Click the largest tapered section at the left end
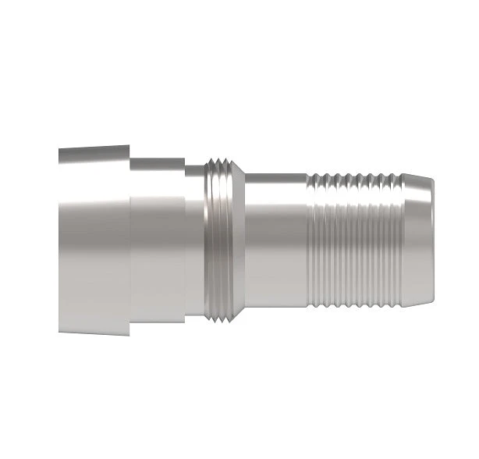(x=94, y=238)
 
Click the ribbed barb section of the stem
(x=355, y=238)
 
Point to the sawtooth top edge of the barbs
(x=355, y=179)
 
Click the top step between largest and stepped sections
(x=130, y=151)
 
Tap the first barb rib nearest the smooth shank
(x=311, y=238)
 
